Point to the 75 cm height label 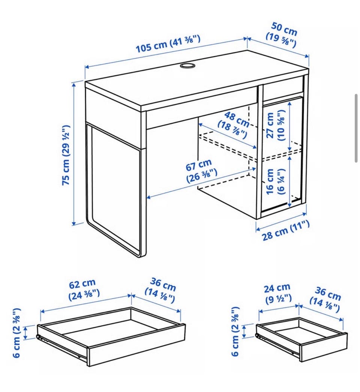point(66,155)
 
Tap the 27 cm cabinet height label point(275,125)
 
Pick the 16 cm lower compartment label point(275,182)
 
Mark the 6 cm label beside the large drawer point(16,333)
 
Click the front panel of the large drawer point(136,345)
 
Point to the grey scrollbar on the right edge point(356,129)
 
